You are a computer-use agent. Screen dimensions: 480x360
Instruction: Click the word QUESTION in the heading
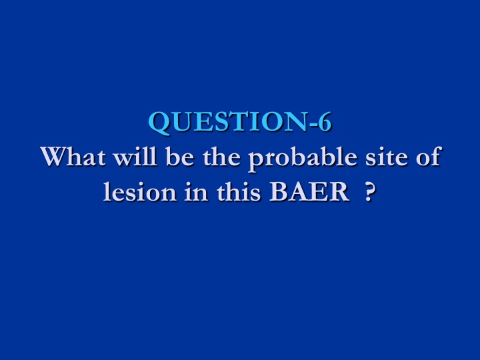(229, 123)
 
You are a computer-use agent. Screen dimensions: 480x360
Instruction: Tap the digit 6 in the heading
(324, 122)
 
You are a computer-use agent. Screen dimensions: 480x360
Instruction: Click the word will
(135, 156)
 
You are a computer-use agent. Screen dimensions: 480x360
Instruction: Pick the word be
(180, 156)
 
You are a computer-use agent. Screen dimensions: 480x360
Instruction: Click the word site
(386, 157)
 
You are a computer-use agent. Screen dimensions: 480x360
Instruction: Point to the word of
(428, 156)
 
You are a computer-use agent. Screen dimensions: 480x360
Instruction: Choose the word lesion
(139, 191)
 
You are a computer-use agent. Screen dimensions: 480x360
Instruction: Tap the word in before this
(196, 192)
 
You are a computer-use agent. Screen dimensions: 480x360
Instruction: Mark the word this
(239, 191)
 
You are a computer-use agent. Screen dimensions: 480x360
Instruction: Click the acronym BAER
(309, 192)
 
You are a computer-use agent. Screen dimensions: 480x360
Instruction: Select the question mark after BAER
(370, 192)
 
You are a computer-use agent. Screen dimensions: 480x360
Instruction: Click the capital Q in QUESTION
(160, 123)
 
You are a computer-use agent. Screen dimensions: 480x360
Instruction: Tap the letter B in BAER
(278, 192)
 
